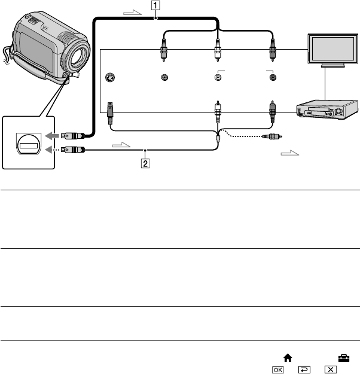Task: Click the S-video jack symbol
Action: point(109,78)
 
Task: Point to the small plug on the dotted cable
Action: point(272,136)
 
